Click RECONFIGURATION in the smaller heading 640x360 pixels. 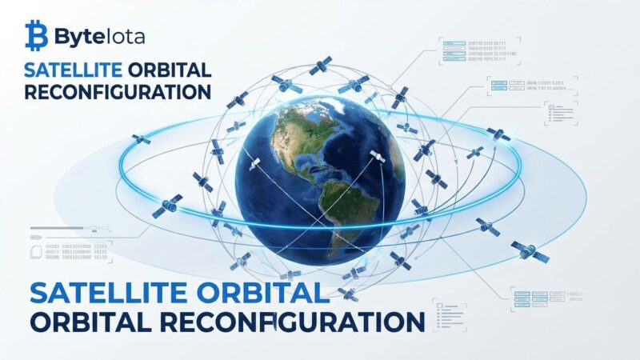point(118,91)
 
